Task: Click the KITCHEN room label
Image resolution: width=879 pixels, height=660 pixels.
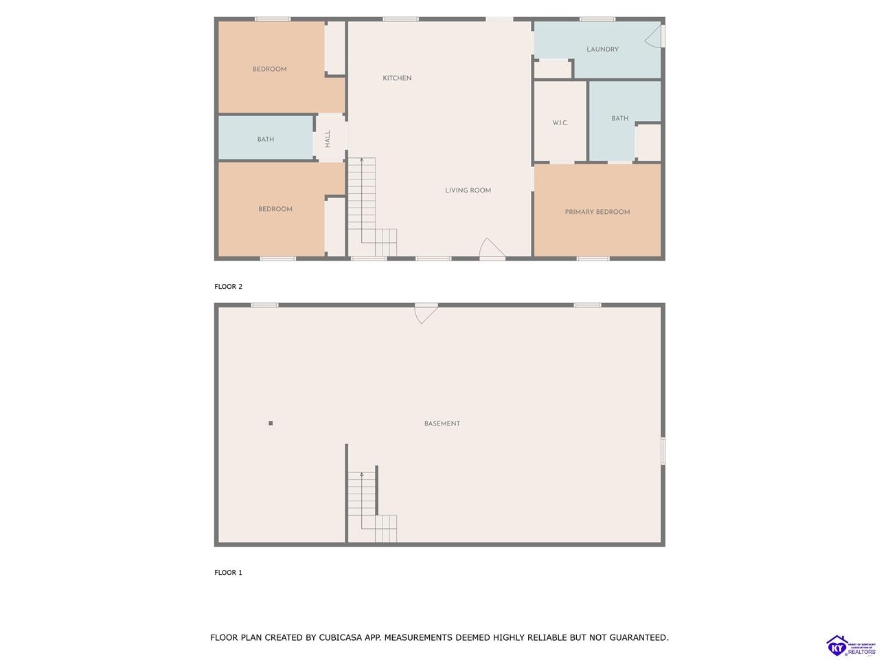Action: [x=397, y=78]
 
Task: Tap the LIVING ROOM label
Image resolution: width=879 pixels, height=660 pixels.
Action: [x=468, y=190]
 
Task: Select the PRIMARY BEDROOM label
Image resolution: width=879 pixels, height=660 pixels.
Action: [x=597, y=212]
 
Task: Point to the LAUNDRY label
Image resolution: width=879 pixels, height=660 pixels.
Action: [x=602, y=49]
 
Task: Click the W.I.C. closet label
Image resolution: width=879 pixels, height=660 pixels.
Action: [x=560, y=122]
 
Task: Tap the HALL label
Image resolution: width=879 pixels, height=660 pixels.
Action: [x=328, y=139]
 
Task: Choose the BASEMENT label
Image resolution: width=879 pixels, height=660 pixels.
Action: [x=442, y=423]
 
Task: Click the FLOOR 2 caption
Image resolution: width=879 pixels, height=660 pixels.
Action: [x=228, y=287]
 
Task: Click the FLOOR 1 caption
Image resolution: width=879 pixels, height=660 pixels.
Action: [x=228, y=573]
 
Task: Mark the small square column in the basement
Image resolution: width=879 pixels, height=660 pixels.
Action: [x=271, y=423]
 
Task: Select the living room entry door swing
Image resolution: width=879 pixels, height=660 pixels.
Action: [x=492, y=247]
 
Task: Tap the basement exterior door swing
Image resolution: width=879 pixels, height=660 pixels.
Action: [x=426, y=313]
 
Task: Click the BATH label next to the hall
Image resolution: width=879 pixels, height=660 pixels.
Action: [x=266, y=140]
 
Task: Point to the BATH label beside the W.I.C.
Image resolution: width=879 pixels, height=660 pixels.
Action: [x=619, y=119]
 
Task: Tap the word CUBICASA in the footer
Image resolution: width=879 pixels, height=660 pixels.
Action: [x=337, y=637]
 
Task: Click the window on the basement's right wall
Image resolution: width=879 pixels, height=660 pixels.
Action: [x=663, y=451]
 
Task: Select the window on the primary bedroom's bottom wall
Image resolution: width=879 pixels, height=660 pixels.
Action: [x=593, y=258]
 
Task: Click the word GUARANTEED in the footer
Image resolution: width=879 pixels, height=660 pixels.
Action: [x=639, y=637]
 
